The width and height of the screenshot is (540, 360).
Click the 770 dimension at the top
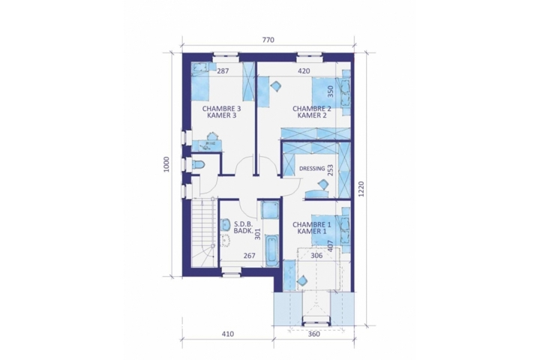[x=268, y=40]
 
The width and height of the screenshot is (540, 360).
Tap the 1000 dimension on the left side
[x=166, y=164]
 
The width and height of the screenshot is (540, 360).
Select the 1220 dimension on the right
[x=361, y=189]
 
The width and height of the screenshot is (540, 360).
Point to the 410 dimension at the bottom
[x=228, y=334]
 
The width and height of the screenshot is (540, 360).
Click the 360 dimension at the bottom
[x=314, y=334]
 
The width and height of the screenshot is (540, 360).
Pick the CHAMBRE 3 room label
[x=221, y=109]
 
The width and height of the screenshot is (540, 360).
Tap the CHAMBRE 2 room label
[x=312, y=109]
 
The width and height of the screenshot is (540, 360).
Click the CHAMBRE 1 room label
[x=312, y=224]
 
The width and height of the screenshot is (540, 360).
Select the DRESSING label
[x=312, y=169]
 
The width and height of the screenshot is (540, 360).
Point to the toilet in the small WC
[x=198, y=165]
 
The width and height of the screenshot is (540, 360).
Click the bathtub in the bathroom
[x=272, y=250]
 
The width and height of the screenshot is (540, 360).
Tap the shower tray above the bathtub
[x=270, y=210]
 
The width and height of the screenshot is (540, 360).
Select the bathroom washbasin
[x=226, y=224]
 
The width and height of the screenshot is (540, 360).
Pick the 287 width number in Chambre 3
[x=223, y=71]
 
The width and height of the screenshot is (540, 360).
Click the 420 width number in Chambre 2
[x=304, y=71]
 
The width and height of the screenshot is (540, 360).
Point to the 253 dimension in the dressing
[x=331, y=170]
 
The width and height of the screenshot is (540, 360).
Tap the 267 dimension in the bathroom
[x=249, y=256]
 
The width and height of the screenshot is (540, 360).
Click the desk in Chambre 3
[x=207, y=145]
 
